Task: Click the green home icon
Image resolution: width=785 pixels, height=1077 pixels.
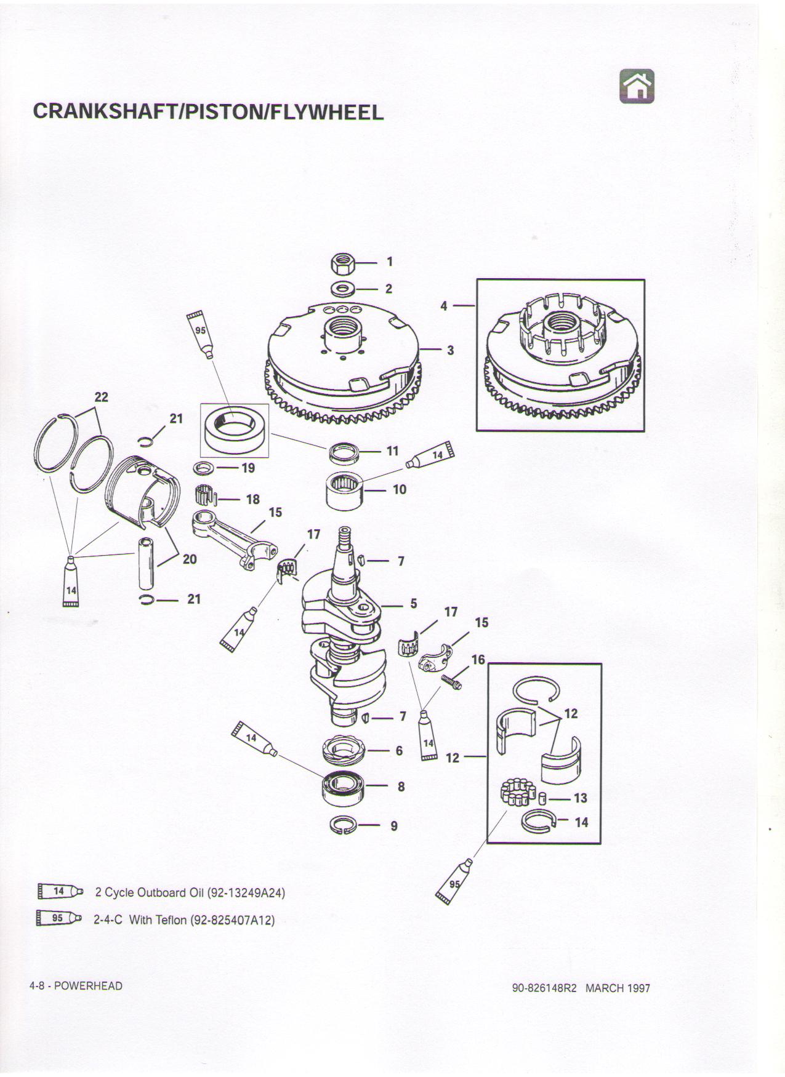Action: pos(637,86)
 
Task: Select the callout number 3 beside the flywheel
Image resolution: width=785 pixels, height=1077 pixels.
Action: pos(451,350)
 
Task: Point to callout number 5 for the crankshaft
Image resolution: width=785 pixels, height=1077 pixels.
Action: pos(414,604)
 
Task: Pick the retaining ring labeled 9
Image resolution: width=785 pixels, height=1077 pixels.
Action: pos(342,825)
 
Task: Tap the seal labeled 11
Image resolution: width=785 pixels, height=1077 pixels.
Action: pos(343,454)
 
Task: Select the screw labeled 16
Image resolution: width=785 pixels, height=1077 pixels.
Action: pos(453,681)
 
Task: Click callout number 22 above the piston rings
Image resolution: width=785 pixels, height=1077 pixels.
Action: pos(101,397)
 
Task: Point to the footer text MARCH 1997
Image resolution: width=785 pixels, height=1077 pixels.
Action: pos(617,988)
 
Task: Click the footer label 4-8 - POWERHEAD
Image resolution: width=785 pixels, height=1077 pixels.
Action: pos(76,986)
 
